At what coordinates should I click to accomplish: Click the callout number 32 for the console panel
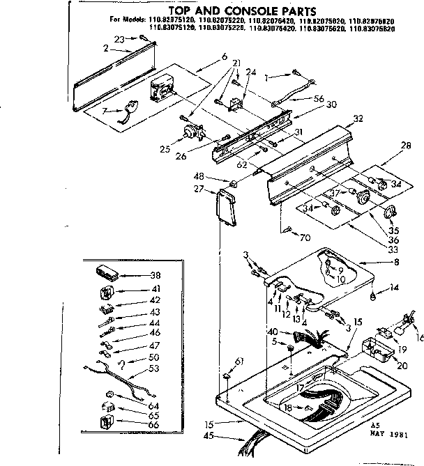[x=358, y=119]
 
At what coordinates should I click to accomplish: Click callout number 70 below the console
[x=305, y=237]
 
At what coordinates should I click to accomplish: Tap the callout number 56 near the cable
[x=319, y=99]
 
